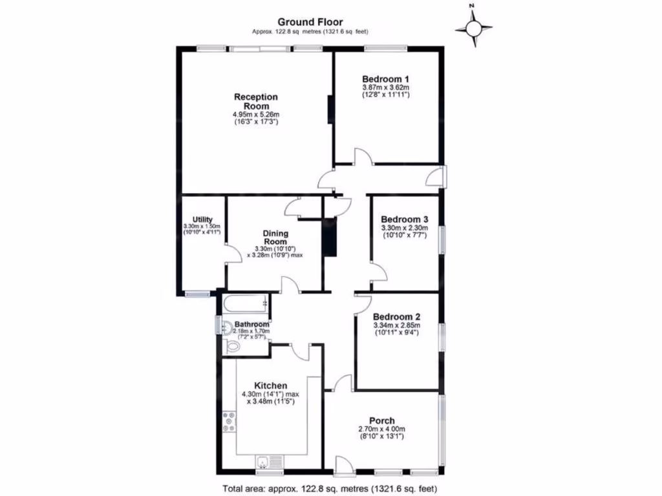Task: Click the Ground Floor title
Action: point(310,21)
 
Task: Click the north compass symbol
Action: point(474,28)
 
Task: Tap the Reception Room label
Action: point(256,101)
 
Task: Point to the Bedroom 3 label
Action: point(404,219)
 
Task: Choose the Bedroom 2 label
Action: point(397,316)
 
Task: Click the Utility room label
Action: point(202,220)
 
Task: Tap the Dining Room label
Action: point(275,237)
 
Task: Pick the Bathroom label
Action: point(251,324)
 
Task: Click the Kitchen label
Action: point(271,386)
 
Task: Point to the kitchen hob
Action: point(230,421)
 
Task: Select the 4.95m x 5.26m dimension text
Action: point(256,115)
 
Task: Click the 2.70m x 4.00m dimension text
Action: point(381,429)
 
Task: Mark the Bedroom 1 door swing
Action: point(361,156)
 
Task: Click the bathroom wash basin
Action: point(226,327)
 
